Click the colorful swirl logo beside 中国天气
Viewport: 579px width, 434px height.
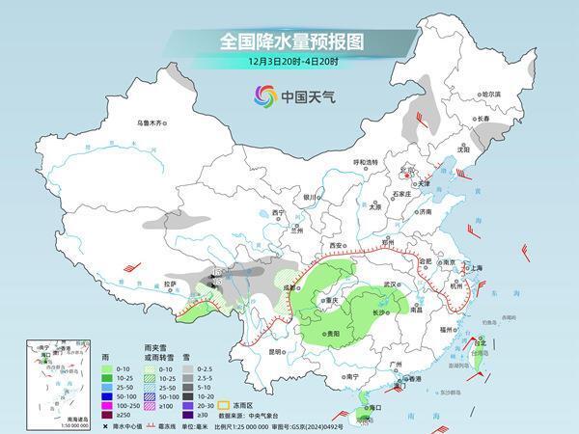pyautogui.click(x=263, y=95)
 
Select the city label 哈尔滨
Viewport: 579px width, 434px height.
pyautogui.click(x=491, y=94)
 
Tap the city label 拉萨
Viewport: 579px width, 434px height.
pyautogui.click(x=171, y=284)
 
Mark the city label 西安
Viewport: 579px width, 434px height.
pyautogui.click(x=337, y=246)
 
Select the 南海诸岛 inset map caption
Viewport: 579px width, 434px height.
pyautogui.click(x=41, y=419)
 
